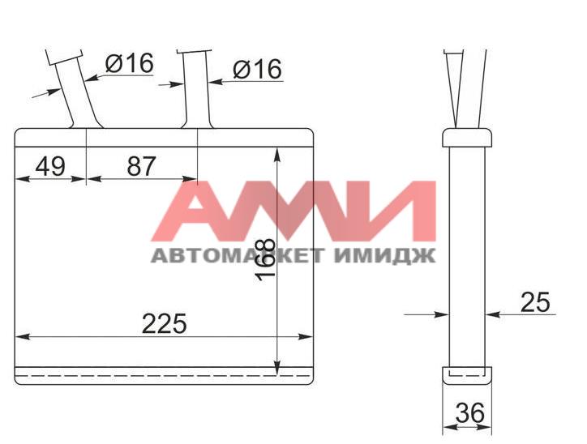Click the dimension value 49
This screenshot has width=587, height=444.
(x=50, y=166)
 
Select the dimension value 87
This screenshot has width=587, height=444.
(x=141, y=166)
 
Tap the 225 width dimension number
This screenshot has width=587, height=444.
(x=164, y=323)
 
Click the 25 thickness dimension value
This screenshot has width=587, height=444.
(x=535, y=302)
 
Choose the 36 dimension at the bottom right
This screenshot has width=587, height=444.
(x=470, y=413)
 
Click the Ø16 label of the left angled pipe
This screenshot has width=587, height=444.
(x=130, y=63)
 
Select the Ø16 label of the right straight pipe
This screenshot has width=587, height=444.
(x=258, y=69)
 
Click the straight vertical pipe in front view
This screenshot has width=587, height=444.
(x=196, y=89)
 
